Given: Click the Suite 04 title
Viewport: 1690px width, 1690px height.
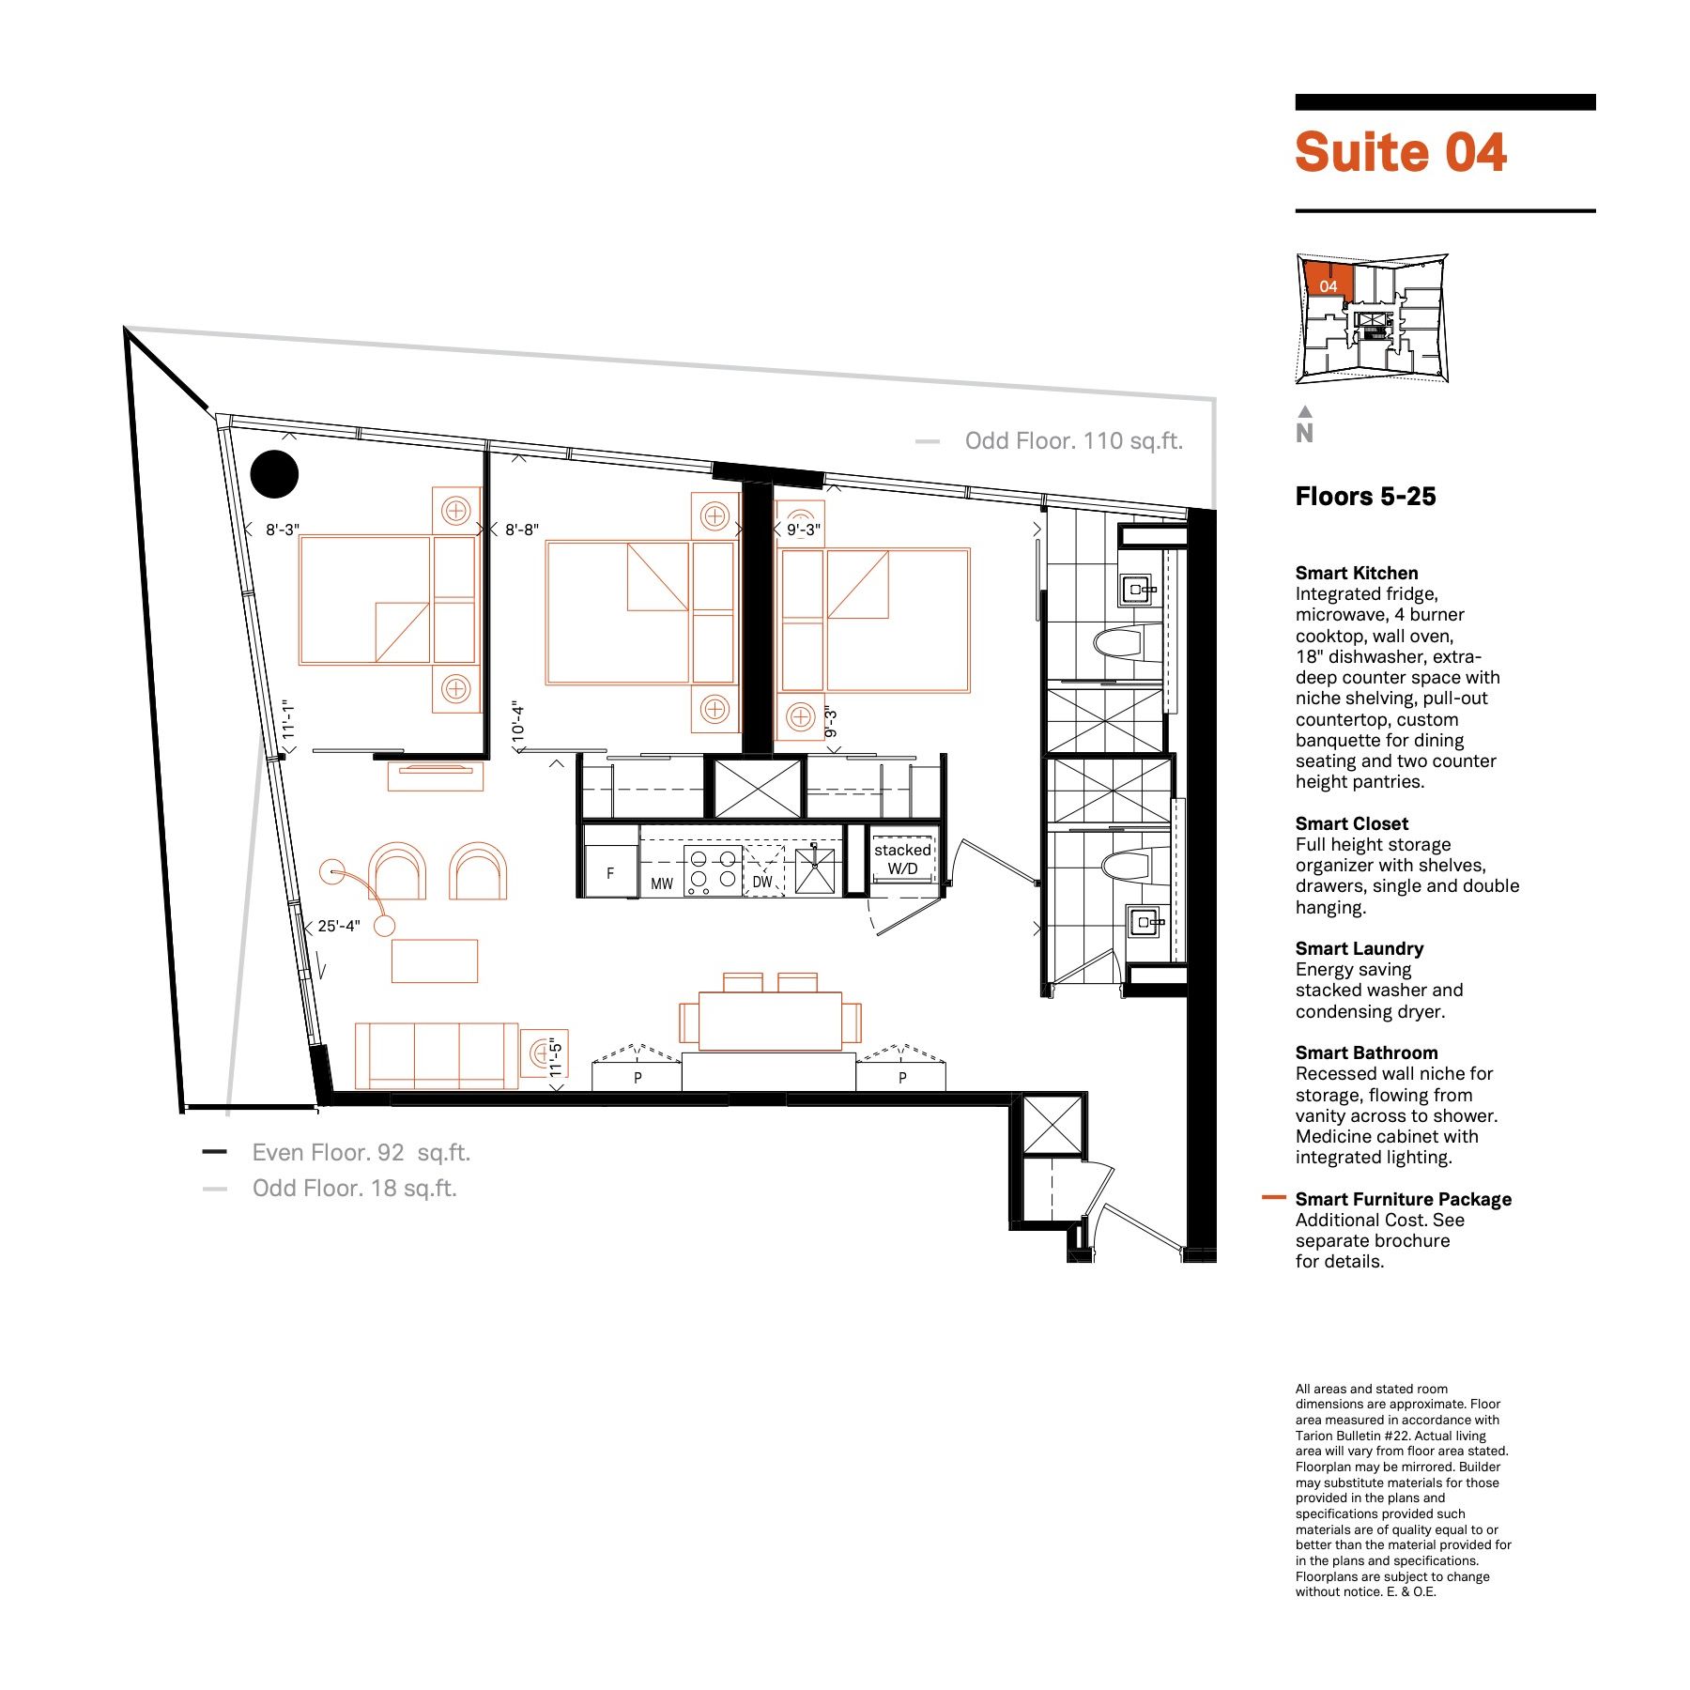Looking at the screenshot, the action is [1401, 152].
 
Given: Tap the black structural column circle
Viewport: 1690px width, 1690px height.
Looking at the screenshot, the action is [275, 474].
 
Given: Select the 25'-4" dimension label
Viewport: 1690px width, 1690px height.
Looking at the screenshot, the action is [339, 926].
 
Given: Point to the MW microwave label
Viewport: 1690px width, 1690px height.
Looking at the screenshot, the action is [662, 883].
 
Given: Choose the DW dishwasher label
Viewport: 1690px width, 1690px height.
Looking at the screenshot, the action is [762, 882].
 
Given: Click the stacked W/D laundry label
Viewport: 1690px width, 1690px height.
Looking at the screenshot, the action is [903, 859].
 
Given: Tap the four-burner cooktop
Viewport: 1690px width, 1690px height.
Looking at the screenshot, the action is [713, 869].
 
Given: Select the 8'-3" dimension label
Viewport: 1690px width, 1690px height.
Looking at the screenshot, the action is [283, 530].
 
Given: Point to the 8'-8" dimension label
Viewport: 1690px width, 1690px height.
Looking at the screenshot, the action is [522, 530].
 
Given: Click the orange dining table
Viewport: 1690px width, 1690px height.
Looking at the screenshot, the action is [770, 1021].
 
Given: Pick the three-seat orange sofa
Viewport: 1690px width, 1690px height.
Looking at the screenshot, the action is [437, 1055].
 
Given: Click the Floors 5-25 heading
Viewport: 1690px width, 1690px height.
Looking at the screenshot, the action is [1366, 497].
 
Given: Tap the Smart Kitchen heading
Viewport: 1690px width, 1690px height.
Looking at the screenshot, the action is [1357, 573].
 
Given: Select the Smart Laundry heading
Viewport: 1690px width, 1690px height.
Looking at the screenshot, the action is [1360, 948].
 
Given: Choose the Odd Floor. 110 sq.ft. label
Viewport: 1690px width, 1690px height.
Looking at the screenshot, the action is [1074, 441].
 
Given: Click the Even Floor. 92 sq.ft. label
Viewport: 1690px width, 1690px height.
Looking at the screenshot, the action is [361, 1153].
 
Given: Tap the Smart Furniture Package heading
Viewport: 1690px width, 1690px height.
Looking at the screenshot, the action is [1404, 1199].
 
